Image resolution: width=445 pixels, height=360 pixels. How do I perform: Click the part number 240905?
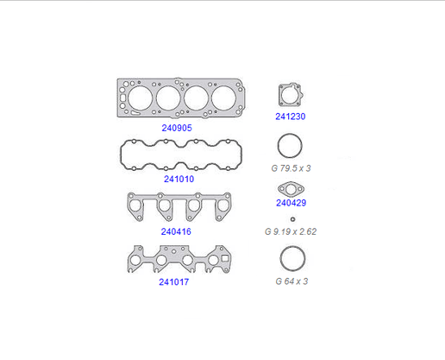pyautogui.click(x=177, y=128)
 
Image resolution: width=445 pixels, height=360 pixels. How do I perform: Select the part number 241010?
pyautogui.click(x=179, y=179)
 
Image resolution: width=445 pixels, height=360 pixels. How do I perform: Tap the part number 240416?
pyautogui.click(x=176, y=231)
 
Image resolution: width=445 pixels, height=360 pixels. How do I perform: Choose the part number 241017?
pyautogui.click(x=174, y=281)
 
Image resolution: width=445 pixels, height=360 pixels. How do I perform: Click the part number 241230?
pyautogui.click(x=291, y=117)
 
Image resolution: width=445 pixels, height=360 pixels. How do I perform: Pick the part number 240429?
pyautogui.click(x=291, y=203)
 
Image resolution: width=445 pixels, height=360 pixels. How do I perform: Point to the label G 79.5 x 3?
pyautogui.click(x=291, y=168)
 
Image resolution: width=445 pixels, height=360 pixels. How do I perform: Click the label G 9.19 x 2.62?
pyautogui.click(x=291, y=231)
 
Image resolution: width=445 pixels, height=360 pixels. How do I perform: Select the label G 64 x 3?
pyautogui.click(x=291, y=281)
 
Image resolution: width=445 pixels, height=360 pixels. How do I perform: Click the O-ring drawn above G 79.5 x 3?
pyautogui.click(x=290, y=134)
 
